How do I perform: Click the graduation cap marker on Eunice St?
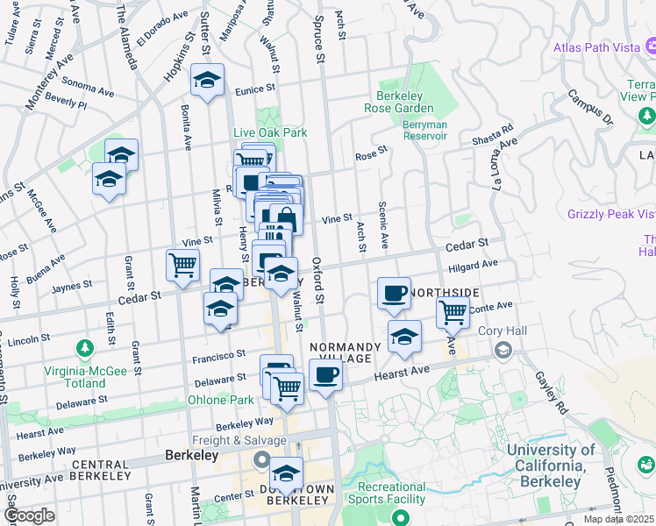tap(207, 81)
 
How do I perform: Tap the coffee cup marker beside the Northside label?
tap(395, 294)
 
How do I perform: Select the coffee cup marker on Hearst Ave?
tap(326, 376)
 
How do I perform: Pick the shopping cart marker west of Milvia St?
tap(182, 266)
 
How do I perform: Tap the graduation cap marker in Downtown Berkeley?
tap(286, 473)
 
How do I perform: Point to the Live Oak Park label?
tap(270, 132)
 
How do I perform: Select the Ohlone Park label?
tap(220, 400)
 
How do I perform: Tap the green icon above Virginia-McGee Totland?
tap(85, 350)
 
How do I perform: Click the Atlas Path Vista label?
tap(596, 48)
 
